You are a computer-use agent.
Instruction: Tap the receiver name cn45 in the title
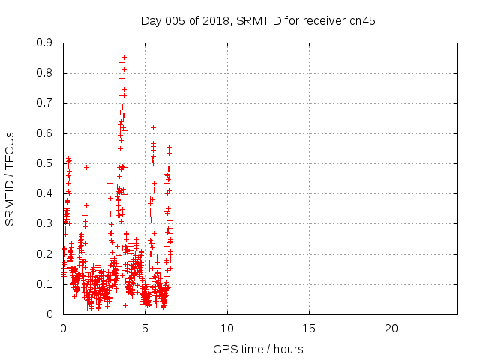click(x=361, y=21)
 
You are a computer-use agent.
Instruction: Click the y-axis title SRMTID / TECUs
click(x=10, y=178)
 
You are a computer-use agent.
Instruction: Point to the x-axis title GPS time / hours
click(x=259, y=349)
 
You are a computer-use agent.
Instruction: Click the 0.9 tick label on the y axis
click(x=46, y=43)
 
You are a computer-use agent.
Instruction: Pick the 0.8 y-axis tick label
click(x=46, y=73)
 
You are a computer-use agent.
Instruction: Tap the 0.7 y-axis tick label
click(x=46, y=103)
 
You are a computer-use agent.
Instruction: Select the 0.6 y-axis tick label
click(x=46, y=133)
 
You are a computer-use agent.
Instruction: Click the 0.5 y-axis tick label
click(x=46, y=163)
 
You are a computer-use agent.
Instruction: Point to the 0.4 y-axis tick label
click(x=46, y=193)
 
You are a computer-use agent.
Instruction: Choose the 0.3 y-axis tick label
click(x=46, y=223)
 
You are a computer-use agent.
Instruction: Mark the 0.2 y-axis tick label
click(x=46, y=253)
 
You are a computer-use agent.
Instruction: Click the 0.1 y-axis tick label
click(x=46, y=284)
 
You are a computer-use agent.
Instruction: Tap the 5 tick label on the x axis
click(x=145, y=328)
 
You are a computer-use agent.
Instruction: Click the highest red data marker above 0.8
click(x=124, y=57)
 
